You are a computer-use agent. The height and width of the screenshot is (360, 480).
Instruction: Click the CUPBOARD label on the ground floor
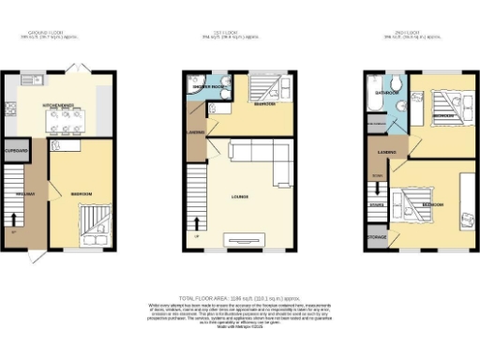point(16,151)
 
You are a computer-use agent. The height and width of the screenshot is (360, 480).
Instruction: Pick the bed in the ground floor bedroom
point(94,225)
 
